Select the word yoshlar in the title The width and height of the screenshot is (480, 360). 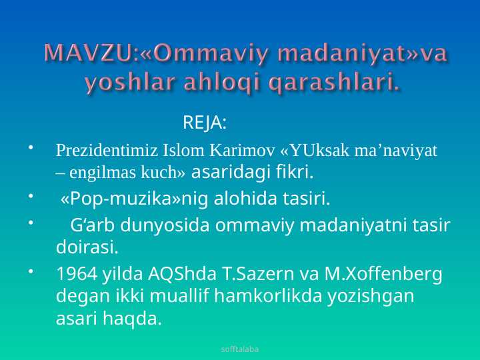(x=131, y=83)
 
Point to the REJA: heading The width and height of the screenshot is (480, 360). (x=205, y=123)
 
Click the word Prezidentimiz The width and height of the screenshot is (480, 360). (x=107, y=151)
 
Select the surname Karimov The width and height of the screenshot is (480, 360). (x=242, y=151)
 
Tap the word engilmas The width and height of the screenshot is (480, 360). (x=102, y=173)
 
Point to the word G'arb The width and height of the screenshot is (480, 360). (x=93, y=225)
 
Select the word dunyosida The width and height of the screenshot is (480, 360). (x=165, y=225)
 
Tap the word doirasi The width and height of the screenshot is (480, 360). (x=87, y=247)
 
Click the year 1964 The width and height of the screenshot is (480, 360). (x=77, y=274)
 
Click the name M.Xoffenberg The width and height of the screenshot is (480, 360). (x=383, y=274)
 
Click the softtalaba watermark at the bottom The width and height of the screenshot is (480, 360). (x=240, y=349)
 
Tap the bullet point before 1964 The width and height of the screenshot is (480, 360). (x=31, y=271)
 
